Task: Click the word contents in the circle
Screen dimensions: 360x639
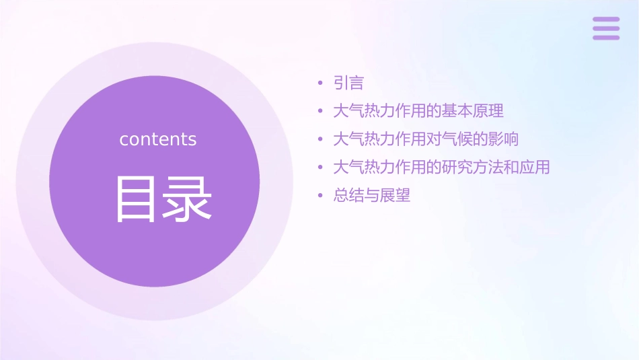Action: click(158, 139)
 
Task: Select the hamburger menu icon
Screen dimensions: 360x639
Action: click(606, 28)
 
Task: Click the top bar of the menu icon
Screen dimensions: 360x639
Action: click(606, 20)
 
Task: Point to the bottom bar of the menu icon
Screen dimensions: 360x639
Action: click(606, 37)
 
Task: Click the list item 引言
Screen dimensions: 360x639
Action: click(348, 83)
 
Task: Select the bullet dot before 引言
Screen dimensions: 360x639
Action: click(320, 83)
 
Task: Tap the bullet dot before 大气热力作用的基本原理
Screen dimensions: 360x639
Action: click(320, 111)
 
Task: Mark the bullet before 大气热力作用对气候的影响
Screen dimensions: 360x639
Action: click(320, 139)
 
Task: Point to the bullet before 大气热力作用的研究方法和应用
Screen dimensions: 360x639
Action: click(320, 168)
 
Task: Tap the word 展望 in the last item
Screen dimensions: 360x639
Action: click(395, 196)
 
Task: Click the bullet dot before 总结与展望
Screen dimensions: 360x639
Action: click(320, 196)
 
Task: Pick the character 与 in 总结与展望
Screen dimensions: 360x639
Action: click(372, 196)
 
